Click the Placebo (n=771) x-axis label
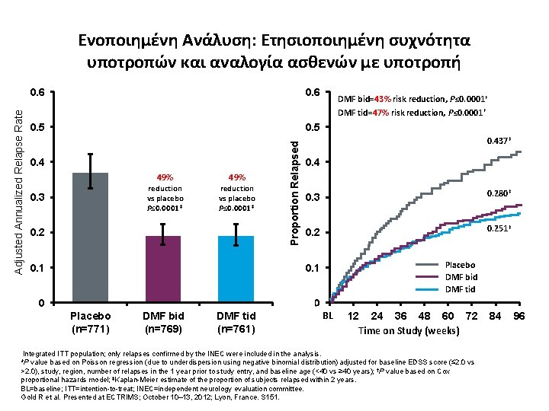tap(90, 322)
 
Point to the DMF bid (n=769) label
tap(163, 322)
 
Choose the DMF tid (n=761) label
tap(236, 322)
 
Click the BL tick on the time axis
tap(329, 315)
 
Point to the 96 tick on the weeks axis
tap(518, 316)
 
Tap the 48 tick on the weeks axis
tap(424, 316)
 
